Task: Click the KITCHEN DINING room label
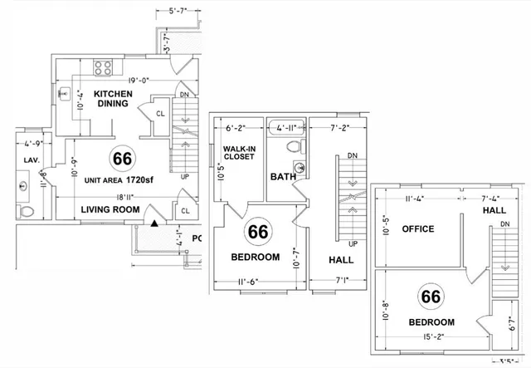click(110, 98)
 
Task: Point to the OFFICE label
click(419, 228)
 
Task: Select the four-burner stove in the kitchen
click(105, 66)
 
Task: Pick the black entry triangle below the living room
click(154, 221)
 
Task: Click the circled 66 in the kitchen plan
click(123, 158)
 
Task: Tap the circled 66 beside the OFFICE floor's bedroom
click(430, 297)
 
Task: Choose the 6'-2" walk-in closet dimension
click(238, 129)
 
